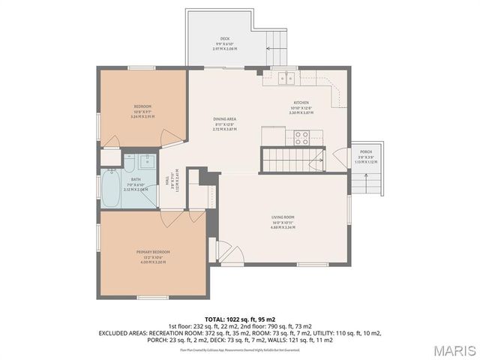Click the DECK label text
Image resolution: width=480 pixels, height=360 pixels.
click(224, 38)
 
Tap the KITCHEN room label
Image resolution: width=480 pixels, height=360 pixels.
click(301, 103)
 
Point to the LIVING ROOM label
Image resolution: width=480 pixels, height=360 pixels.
click(283, 217)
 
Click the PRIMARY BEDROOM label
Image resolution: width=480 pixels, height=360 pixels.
click(153, 251)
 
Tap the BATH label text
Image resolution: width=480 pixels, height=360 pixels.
click(136, 179)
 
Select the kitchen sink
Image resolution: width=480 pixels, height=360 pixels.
click(286, 76)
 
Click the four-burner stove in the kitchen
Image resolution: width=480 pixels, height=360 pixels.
click(303, 137)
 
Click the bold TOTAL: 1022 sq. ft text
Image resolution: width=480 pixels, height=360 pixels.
click(239, 319)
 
